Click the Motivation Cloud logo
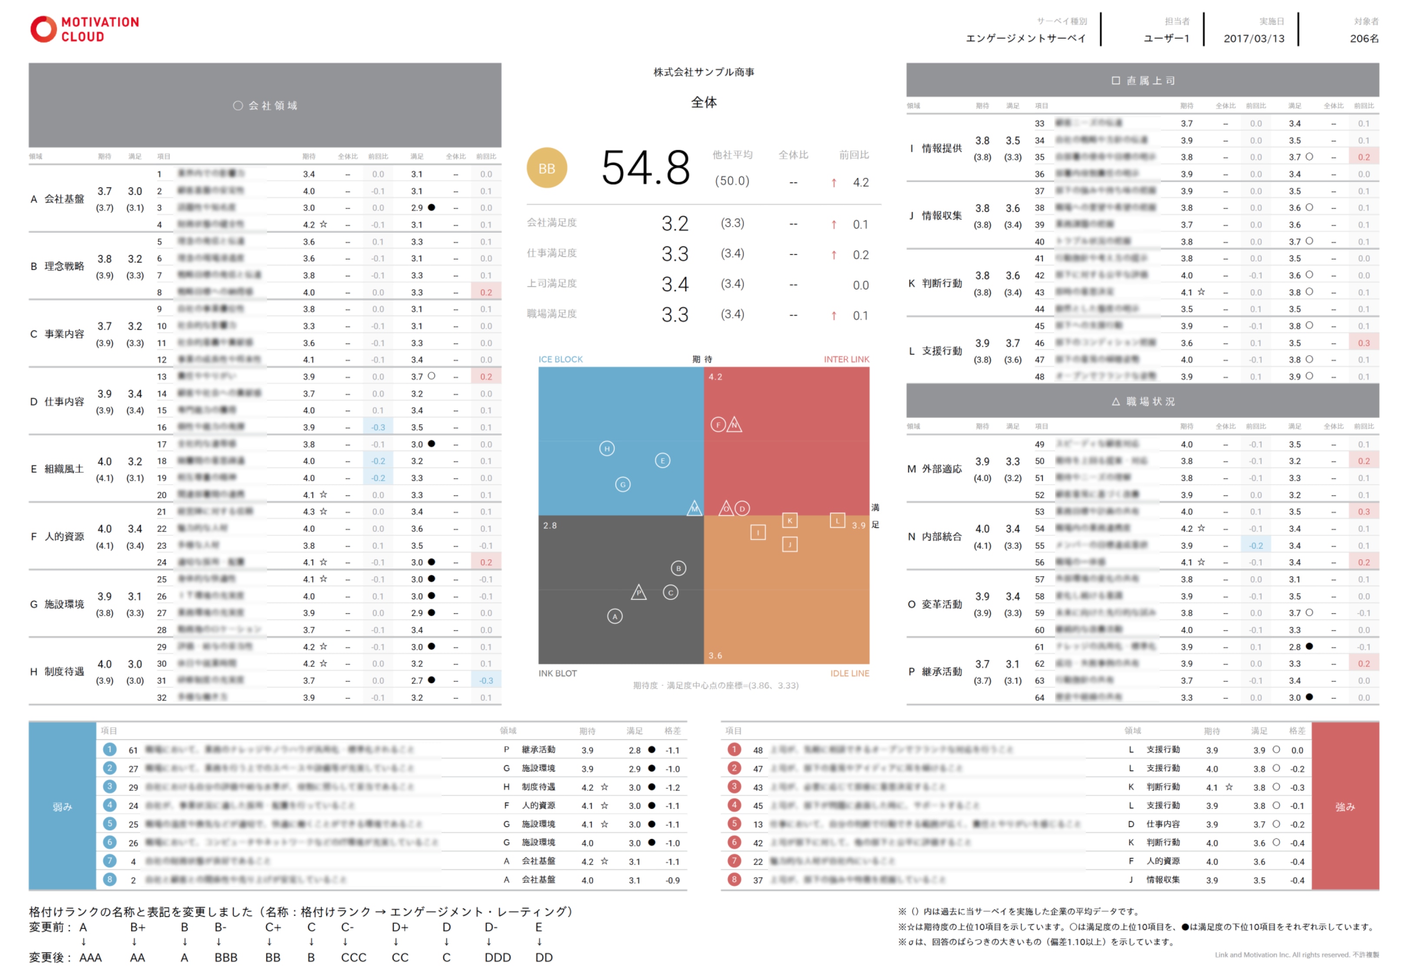(x=84, y=29)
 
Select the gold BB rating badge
(x=547, y=168)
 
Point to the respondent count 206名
(x=1364, y=39)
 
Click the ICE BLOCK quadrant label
(x=560, y=360)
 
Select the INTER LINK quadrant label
(x=846, y=360)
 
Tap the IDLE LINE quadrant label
(x=849, y=673)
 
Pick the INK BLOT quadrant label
(x=557, y=673)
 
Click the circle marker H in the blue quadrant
(x=607, y=449)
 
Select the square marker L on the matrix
(x=837, y=521)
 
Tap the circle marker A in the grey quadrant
(x=614, y=617)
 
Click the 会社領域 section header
(x=265, y=105)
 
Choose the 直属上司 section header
(x=1142, y=80)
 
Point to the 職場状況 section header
(x=1142, y=402)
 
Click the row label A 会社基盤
(x=57, y=199)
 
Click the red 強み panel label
(x=1344, y=807)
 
